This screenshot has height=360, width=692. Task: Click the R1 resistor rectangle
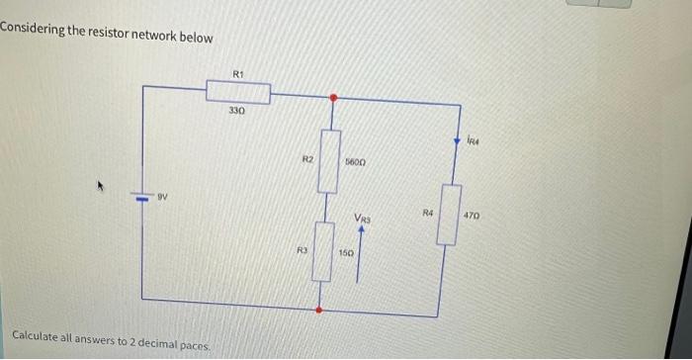point(237,92)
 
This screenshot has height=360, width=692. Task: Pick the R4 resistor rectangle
point(449,214)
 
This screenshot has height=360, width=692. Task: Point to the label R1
point(237,73)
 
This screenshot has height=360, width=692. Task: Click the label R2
point(307,157)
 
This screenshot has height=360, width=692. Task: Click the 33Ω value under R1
point(235,111)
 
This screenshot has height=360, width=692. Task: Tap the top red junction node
point(333,98)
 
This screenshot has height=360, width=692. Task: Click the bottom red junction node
point(318,311)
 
